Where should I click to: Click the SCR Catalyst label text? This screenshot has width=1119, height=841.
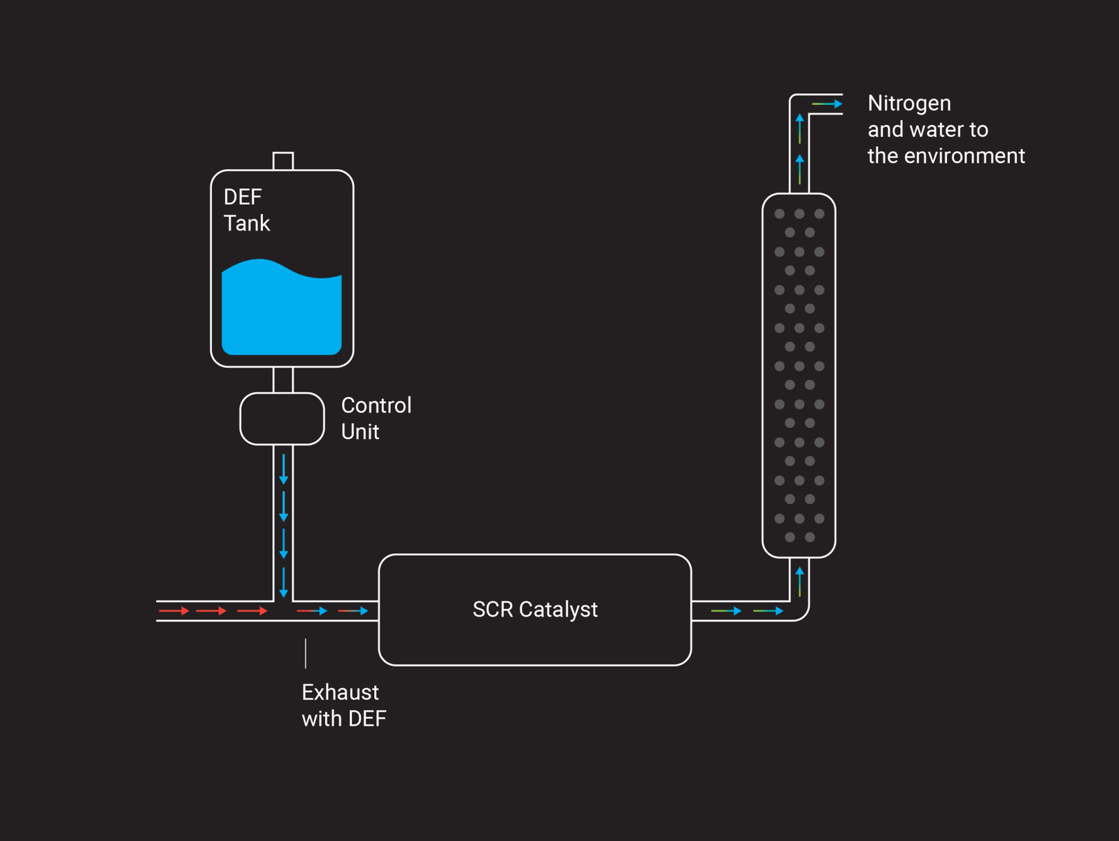[535, 610]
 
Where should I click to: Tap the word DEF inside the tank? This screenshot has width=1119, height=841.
[242, 197]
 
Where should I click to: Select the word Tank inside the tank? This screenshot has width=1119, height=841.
[246, 224]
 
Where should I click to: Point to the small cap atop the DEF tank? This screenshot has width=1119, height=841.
[283, 161]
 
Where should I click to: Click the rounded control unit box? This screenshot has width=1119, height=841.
[282, 419]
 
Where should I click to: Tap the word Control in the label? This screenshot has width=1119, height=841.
[376, 405]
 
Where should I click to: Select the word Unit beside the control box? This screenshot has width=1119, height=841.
[360, 432]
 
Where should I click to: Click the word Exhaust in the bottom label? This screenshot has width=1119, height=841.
[340, 692]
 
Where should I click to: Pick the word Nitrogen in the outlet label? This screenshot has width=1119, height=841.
[909, 103]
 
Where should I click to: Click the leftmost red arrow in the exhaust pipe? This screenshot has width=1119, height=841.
[173, 611]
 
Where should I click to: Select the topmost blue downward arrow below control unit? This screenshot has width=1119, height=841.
[283, 469]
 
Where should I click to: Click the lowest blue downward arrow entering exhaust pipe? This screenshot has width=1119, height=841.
[283, 582]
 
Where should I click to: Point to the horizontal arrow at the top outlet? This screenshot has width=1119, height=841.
[827, 104]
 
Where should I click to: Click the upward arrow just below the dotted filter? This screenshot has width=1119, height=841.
[799, 582]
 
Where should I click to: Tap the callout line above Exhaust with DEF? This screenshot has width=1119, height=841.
[306, 653]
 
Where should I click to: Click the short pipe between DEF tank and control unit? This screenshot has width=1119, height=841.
[283, 380]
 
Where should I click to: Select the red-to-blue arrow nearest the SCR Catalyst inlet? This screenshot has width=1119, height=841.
[353, 611]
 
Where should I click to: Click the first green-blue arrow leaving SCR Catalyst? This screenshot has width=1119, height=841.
[726, 611]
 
